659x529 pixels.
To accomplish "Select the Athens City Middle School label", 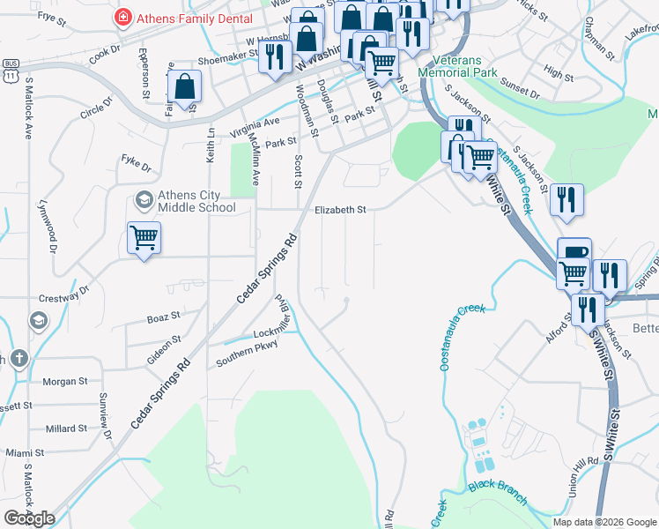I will pos(196,202).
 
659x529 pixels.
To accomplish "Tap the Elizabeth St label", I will pos(340,210).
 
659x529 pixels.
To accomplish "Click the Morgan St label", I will pos(65,382).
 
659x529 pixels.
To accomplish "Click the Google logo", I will pos(29,518).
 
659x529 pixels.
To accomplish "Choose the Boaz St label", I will pos(163,316).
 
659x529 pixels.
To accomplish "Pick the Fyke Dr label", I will pos(137,164).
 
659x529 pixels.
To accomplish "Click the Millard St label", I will pos(66,428).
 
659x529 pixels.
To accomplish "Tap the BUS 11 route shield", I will pos(11,71).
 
